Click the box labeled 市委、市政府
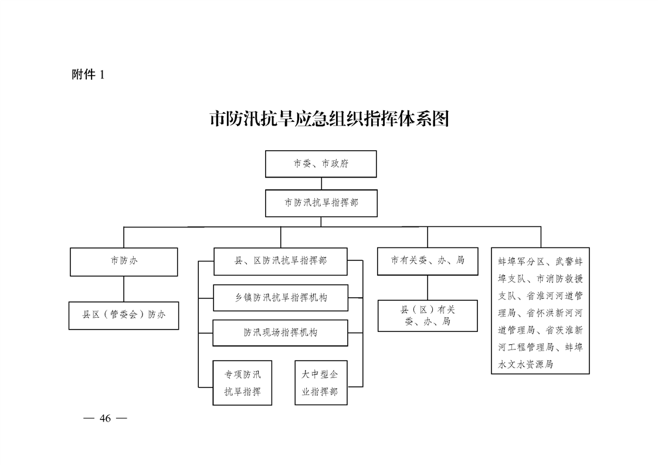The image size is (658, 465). coord(321,164)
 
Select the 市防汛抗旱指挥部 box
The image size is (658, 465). coord(321,203)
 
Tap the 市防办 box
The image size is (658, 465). coord(124,262)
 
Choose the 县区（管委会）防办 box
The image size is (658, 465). coord(124,315)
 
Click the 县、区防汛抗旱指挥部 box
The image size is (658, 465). coord(281,262)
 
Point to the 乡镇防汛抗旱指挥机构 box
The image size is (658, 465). coord(281,298)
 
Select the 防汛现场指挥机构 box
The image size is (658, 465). coord(280,333)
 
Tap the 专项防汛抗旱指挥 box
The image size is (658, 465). coord(243,383)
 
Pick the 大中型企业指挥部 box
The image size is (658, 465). coord(321,383)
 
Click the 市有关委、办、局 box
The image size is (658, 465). coord(428,261)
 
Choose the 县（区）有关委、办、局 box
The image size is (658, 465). coord(428,315)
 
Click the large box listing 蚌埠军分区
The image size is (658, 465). coord(541,311)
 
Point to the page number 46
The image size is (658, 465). coord(106,419)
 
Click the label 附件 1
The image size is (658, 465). coord(88,74)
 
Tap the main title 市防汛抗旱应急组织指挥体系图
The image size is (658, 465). coord(330,119)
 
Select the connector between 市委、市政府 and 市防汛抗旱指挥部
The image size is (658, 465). coord(321,184)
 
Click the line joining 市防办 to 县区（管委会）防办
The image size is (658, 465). coord(124,288)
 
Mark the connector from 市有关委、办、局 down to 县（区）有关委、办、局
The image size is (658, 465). coord(428,287)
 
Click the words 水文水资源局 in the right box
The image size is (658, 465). coord(526,364)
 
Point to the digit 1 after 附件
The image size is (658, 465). coord(102,74)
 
